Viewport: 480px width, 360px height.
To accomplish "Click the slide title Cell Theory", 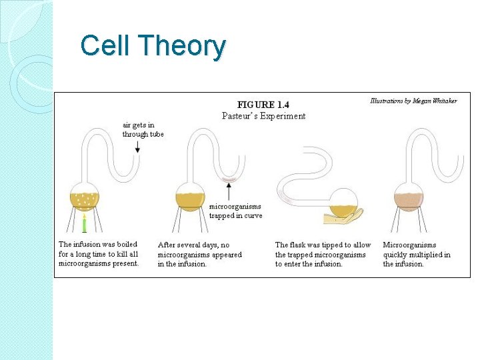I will pos(153,46).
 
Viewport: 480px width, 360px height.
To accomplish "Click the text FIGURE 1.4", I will pos(263,105).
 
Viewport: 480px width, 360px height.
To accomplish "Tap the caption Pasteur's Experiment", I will pos(263,116).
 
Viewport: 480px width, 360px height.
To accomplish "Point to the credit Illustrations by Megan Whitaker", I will pos(413,101).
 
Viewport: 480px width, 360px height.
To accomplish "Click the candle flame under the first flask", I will pos(85,218).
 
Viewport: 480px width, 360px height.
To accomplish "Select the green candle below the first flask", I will pos(85,227).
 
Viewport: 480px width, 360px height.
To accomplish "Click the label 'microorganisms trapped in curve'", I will pos(235,211).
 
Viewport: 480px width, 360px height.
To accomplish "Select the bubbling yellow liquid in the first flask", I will pos(85,201).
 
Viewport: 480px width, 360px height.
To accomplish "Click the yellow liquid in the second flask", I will pos(191,200).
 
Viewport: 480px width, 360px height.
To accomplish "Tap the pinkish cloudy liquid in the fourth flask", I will pos(408,200).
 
